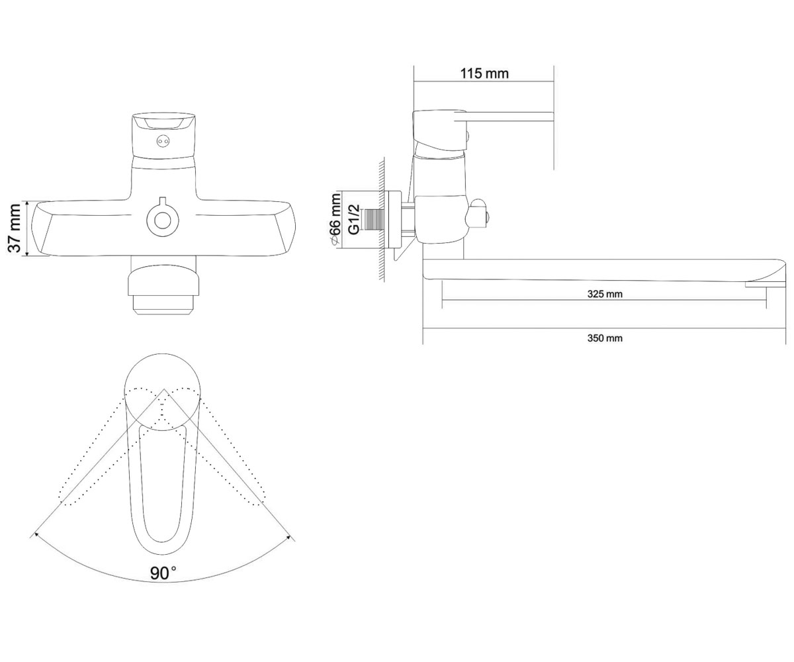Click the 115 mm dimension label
[x=484, y=73]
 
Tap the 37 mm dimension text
[x=15, y=228]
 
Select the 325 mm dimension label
[x=605, y=294]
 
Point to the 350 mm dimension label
[x=605, y=338]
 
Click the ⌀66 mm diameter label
[x=335, y=220]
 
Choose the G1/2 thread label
[x=353, y=220]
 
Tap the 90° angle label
[x=163, y=573]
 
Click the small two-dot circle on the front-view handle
[x=163, y=142]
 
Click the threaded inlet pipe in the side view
[x=373, y=220]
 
